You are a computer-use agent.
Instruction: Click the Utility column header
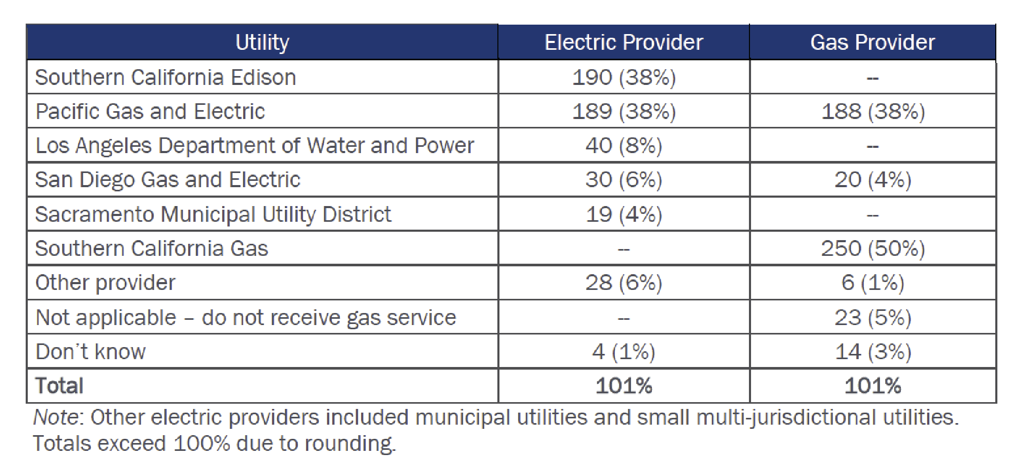coord(262,42)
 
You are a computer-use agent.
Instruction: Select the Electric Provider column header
coord(623,42)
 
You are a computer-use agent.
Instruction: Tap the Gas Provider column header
coord(872,42)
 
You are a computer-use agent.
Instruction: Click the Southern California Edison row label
coord(166,78)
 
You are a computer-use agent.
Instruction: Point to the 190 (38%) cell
coord(624,78)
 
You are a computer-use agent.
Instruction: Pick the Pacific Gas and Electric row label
coord(150,112)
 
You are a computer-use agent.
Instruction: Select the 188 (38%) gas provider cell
coord(873,112)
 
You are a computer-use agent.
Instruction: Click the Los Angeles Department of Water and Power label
coord(254,146)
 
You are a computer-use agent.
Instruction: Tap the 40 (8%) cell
coord(624,146)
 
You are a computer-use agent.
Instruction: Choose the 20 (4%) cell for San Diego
coord(873,180)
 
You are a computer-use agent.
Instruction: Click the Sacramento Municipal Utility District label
coord(213,214)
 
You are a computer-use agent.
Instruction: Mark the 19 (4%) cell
coord(624,214)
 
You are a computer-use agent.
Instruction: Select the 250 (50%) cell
coord(873,249)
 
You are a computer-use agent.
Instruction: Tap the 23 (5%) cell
coord(873,318)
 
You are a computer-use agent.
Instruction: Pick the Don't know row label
coord(91,352)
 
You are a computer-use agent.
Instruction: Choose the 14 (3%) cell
coord(873,352)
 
